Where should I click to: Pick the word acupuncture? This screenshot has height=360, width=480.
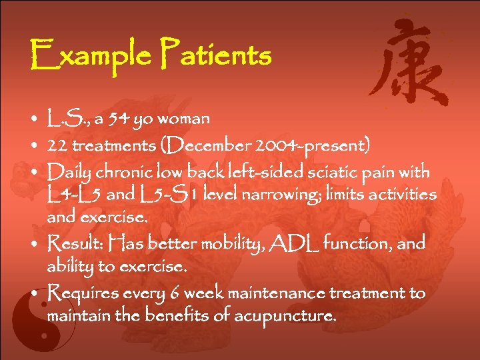click(290, 316)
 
